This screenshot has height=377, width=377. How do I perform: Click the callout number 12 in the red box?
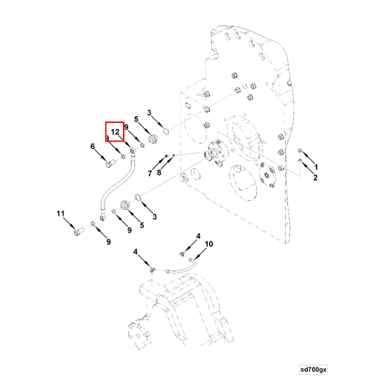click(x=115, y=132)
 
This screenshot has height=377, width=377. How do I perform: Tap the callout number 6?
click(x=93, y=147)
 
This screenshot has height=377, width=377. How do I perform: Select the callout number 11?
click(x=60, y=214)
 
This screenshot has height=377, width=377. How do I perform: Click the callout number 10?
click(x=209, y=244)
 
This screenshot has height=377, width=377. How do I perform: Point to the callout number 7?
click(x=149, y=174)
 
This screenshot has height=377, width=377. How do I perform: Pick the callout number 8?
click(x=159, y=172)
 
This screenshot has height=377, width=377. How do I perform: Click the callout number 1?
click(x=316, y=167)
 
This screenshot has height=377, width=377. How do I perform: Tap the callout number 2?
click(x=315, y=177)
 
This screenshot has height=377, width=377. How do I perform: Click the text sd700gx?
click(x=314, y=370)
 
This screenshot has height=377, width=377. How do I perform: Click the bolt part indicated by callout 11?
click(x=79, y=231)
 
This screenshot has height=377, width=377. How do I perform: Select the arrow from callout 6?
click(x=101, y=155)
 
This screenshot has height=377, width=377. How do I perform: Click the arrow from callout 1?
click(x=308, y=158)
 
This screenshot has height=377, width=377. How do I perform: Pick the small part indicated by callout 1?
click(x=300, y=151)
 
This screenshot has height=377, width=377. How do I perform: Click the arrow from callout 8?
click(x=166, y=163)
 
